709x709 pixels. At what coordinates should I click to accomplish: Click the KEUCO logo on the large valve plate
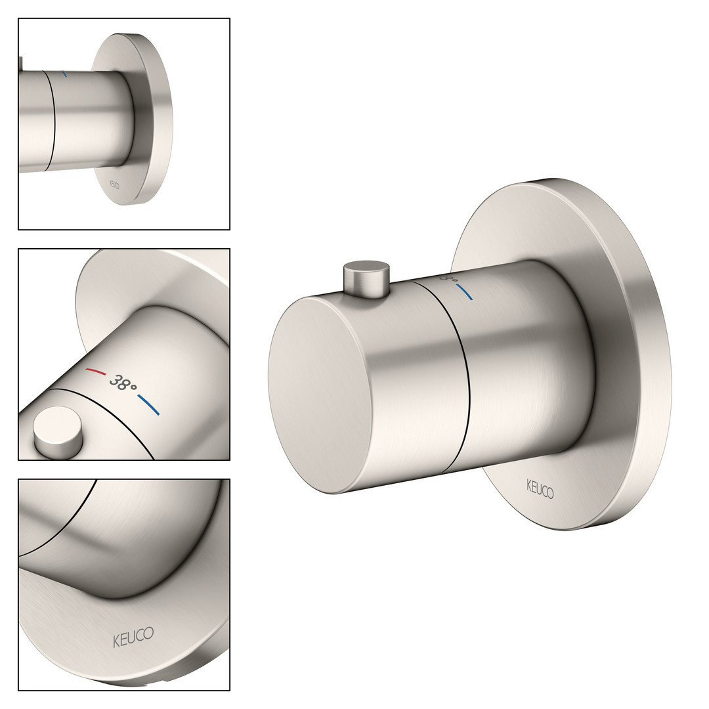click(540, 488)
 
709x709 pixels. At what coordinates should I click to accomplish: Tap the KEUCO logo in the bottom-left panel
click(133, 637)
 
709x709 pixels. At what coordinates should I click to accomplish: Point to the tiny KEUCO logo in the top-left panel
click(114, 185)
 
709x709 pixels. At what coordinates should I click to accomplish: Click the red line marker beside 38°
click(96, 372)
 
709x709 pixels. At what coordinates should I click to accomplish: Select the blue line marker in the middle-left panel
click(148, 404)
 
